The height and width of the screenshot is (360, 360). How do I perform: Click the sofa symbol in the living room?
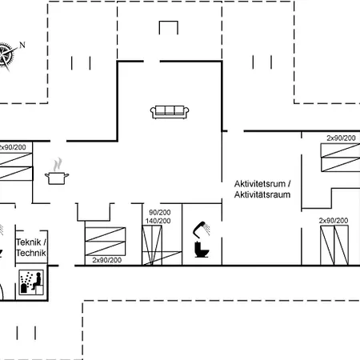pos(170,112)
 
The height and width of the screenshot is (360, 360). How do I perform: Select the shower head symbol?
pos(202,230)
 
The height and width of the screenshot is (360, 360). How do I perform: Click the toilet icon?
pos(202,250)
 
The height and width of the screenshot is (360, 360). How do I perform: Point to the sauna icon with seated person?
pos(31,282)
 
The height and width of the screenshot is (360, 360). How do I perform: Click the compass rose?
pos(6,55)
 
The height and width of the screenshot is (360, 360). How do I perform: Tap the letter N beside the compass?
pos(22,45)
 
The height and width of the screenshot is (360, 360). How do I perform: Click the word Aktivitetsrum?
pos(260,184)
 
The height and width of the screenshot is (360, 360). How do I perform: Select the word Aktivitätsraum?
pos(262,194)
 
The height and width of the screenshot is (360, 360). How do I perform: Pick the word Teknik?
pos(28,242)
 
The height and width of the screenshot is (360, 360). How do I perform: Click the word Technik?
pos(31,253)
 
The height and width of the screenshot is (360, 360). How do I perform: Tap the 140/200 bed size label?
pos(158,221)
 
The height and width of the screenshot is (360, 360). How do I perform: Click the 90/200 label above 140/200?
pos(160,212)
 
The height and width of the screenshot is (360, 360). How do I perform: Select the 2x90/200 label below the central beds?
pos(107,260)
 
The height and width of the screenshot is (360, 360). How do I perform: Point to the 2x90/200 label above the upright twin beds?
pos(334,221)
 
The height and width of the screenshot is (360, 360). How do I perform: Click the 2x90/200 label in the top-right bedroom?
pos(341,138)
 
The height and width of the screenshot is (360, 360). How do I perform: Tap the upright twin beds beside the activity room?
pos(334,246)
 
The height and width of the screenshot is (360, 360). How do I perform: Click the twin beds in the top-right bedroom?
pos(340,158)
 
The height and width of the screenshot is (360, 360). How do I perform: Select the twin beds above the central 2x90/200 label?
pos(106,242)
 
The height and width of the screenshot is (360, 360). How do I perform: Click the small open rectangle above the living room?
pos(168,22)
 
